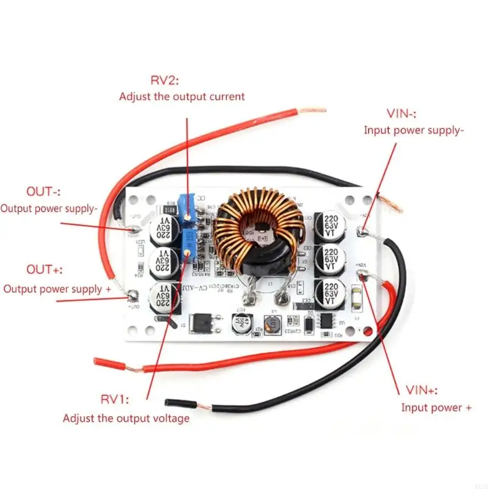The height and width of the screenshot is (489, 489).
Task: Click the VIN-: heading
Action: pos(402,114)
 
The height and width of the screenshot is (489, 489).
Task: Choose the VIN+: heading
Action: pos(421,390)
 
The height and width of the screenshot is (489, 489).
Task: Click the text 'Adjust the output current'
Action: pos(182,97)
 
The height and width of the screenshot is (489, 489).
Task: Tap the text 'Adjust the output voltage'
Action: pos(126,419)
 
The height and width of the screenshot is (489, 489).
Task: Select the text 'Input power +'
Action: pos(436,408)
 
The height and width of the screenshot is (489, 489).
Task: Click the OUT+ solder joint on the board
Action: pos(131,296)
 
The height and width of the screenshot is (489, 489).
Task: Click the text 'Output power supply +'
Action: pos(57,289)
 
